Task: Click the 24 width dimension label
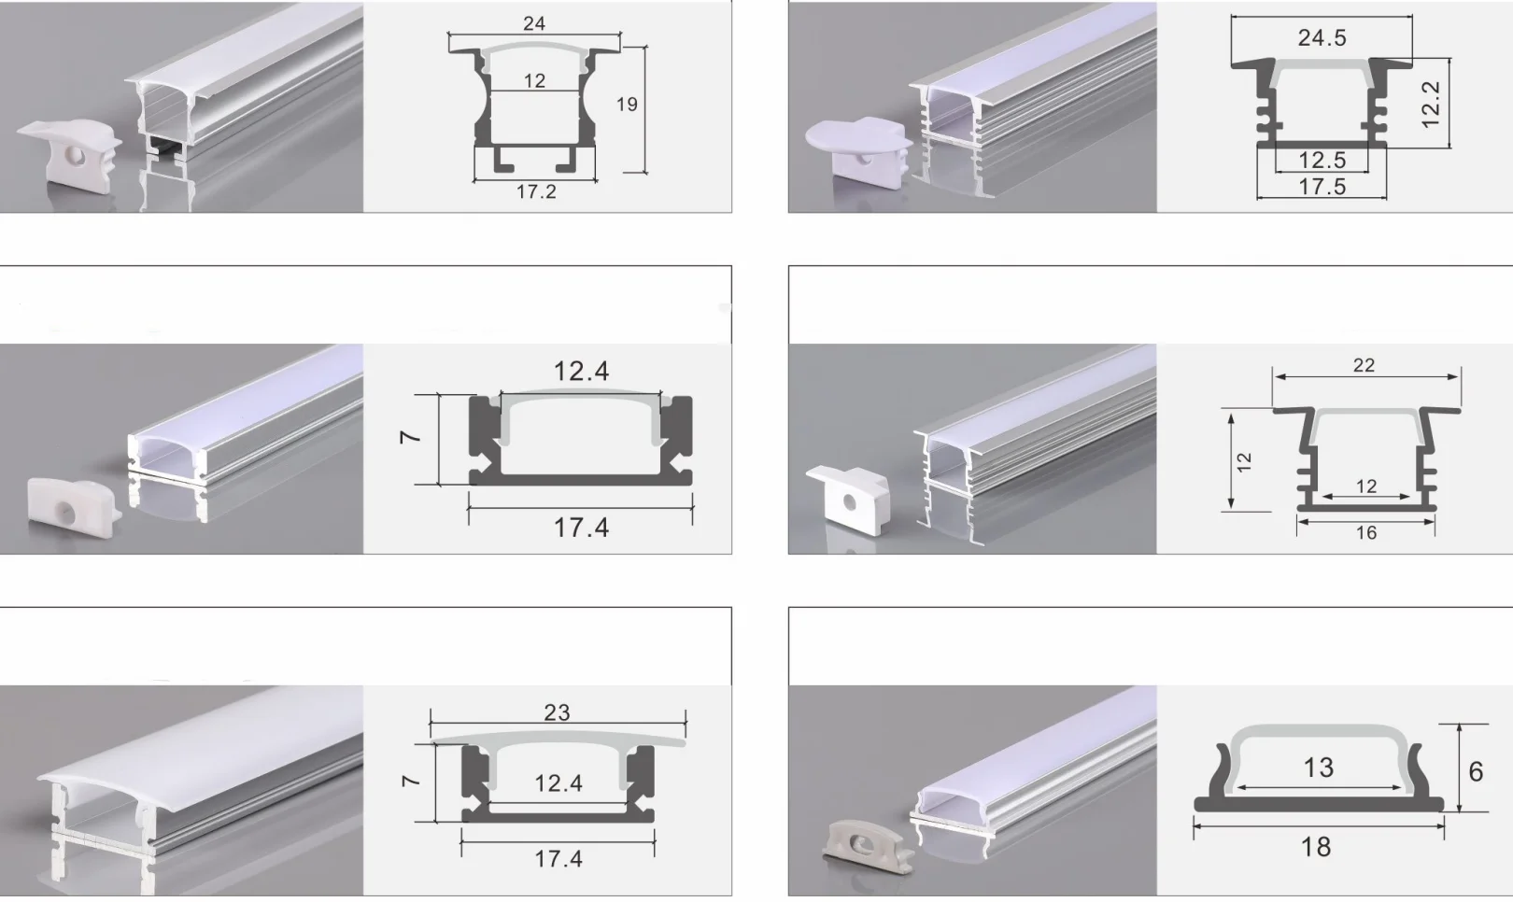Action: (x=533, y=23)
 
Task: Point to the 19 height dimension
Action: (x=627, y=105)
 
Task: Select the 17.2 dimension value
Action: (x=536, y=192)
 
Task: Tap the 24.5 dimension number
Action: (x=1322, y=37)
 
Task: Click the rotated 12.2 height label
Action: (x=1431, y=104)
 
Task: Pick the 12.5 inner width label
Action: (x=1322, y=161)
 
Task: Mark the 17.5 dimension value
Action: (x=1322, y=187)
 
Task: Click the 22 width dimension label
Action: (x=1364, y=365)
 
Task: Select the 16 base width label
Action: (x=1366, y=533)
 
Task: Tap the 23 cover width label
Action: (x=558, y=713)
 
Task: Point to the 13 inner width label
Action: (x=1318, y=768)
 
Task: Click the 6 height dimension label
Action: (x=1476, y=771)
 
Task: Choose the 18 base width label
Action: (x=1316, y=847)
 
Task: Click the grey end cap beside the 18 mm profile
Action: (x=864, y=840)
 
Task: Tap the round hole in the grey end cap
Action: (x=863, y=843)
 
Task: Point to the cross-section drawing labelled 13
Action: (x=1319, y=768)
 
